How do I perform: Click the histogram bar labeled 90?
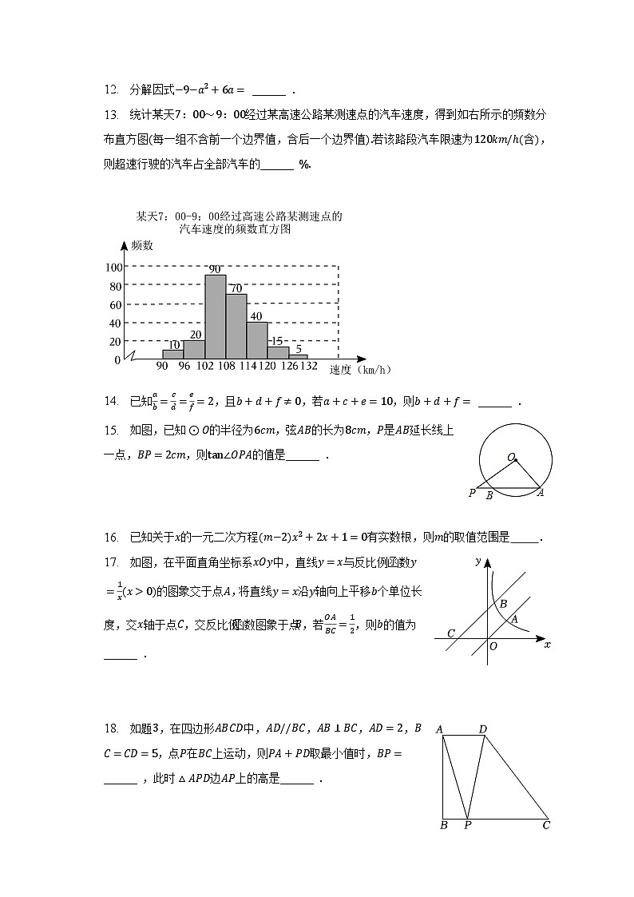215,316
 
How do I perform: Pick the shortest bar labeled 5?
298,356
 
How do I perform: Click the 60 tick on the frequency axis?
114,305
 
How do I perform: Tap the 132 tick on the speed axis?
308,367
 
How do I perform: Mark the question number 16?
111,537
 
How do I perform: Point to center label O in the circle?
509,457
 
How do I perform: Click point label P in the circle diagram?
472,494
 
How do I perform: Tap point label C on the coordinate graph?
451,633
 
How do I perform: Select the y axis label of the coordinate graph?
477,562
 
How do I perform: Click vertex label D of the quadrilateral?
482,728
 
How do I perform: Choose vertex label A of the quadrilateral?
438,728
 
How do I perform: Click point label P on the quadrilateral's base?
467,825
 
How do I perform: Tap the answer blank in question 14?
494,402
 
